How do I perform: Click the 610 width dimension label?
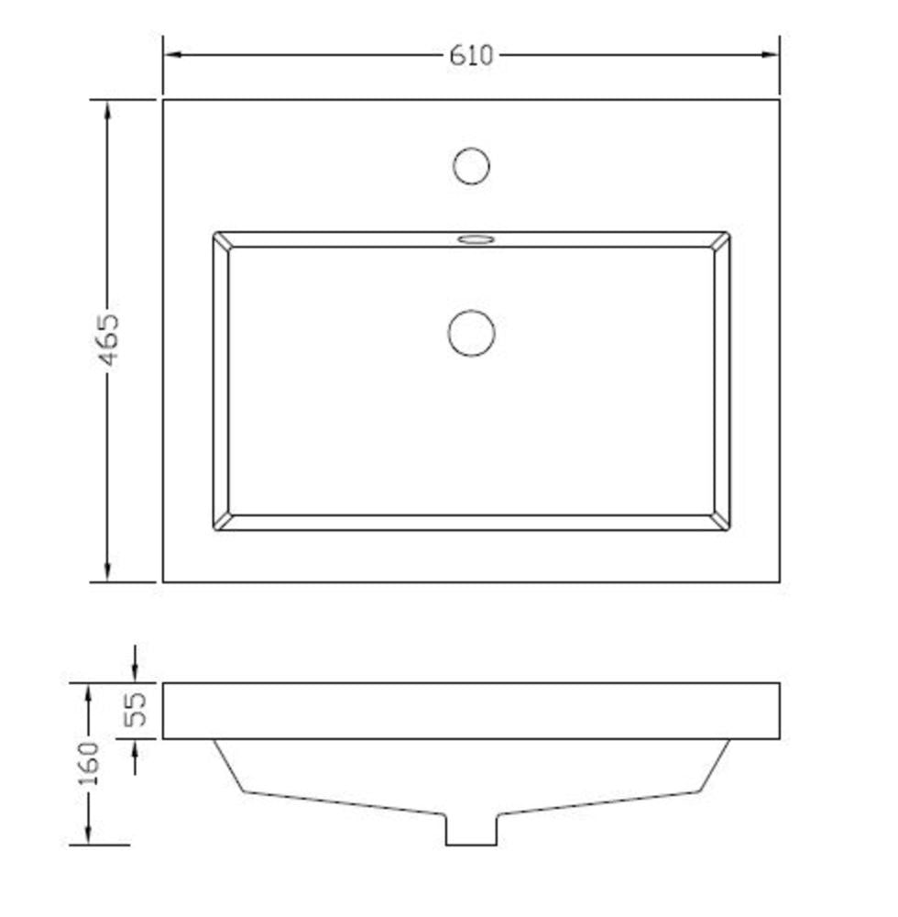[470, 56]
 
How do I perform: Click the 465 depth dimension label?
[108, 340]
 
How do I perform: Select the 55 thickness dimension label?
[136, 710]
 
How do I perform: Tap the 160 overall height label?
[89, 764]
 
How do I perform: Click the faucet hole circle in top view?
[471, 166]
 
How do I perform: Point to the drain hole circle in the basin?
[471, 333]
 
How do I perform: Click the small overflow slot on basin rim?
[475, 240]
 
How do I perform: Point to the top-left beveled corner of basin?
[221, 240]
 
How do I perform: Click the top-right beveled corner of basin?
[722, 240]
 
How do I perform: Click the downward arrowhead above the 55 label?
[136, 672]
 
